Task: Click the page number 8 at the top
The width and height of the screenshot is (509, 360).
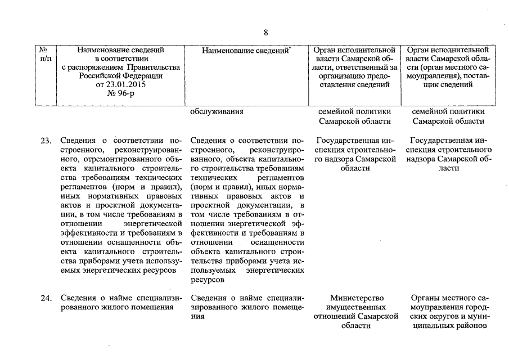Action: point(265,32)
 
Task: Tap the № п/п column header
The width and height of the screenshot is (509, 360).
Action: point(46,54)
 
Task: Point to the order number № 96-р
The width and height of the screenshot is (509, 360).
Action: point(121,94)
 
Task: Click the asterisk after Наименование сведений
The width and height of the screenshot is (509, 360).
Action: point(290,48)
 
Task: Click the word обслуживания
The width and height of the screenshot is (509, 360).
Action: point(217,111)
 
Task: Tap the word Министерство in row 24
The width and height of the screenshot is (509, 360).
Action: point(357,298)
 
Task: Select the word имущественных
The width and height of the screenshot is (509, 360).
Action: point(358,308)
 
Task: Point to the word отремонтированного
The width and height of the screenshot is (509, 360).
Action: point(93,159)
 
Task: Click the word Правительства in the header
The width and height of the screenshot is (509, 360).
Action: point(154,67)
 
